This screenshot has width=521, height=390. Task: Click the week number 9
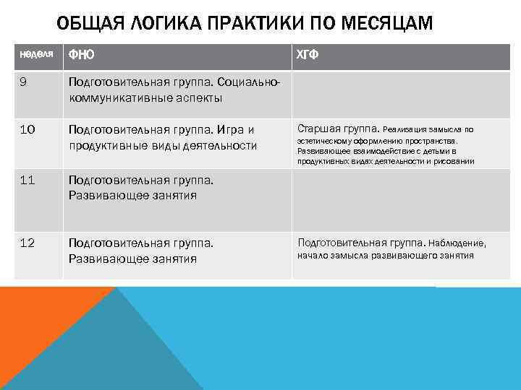pos(23,82)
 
